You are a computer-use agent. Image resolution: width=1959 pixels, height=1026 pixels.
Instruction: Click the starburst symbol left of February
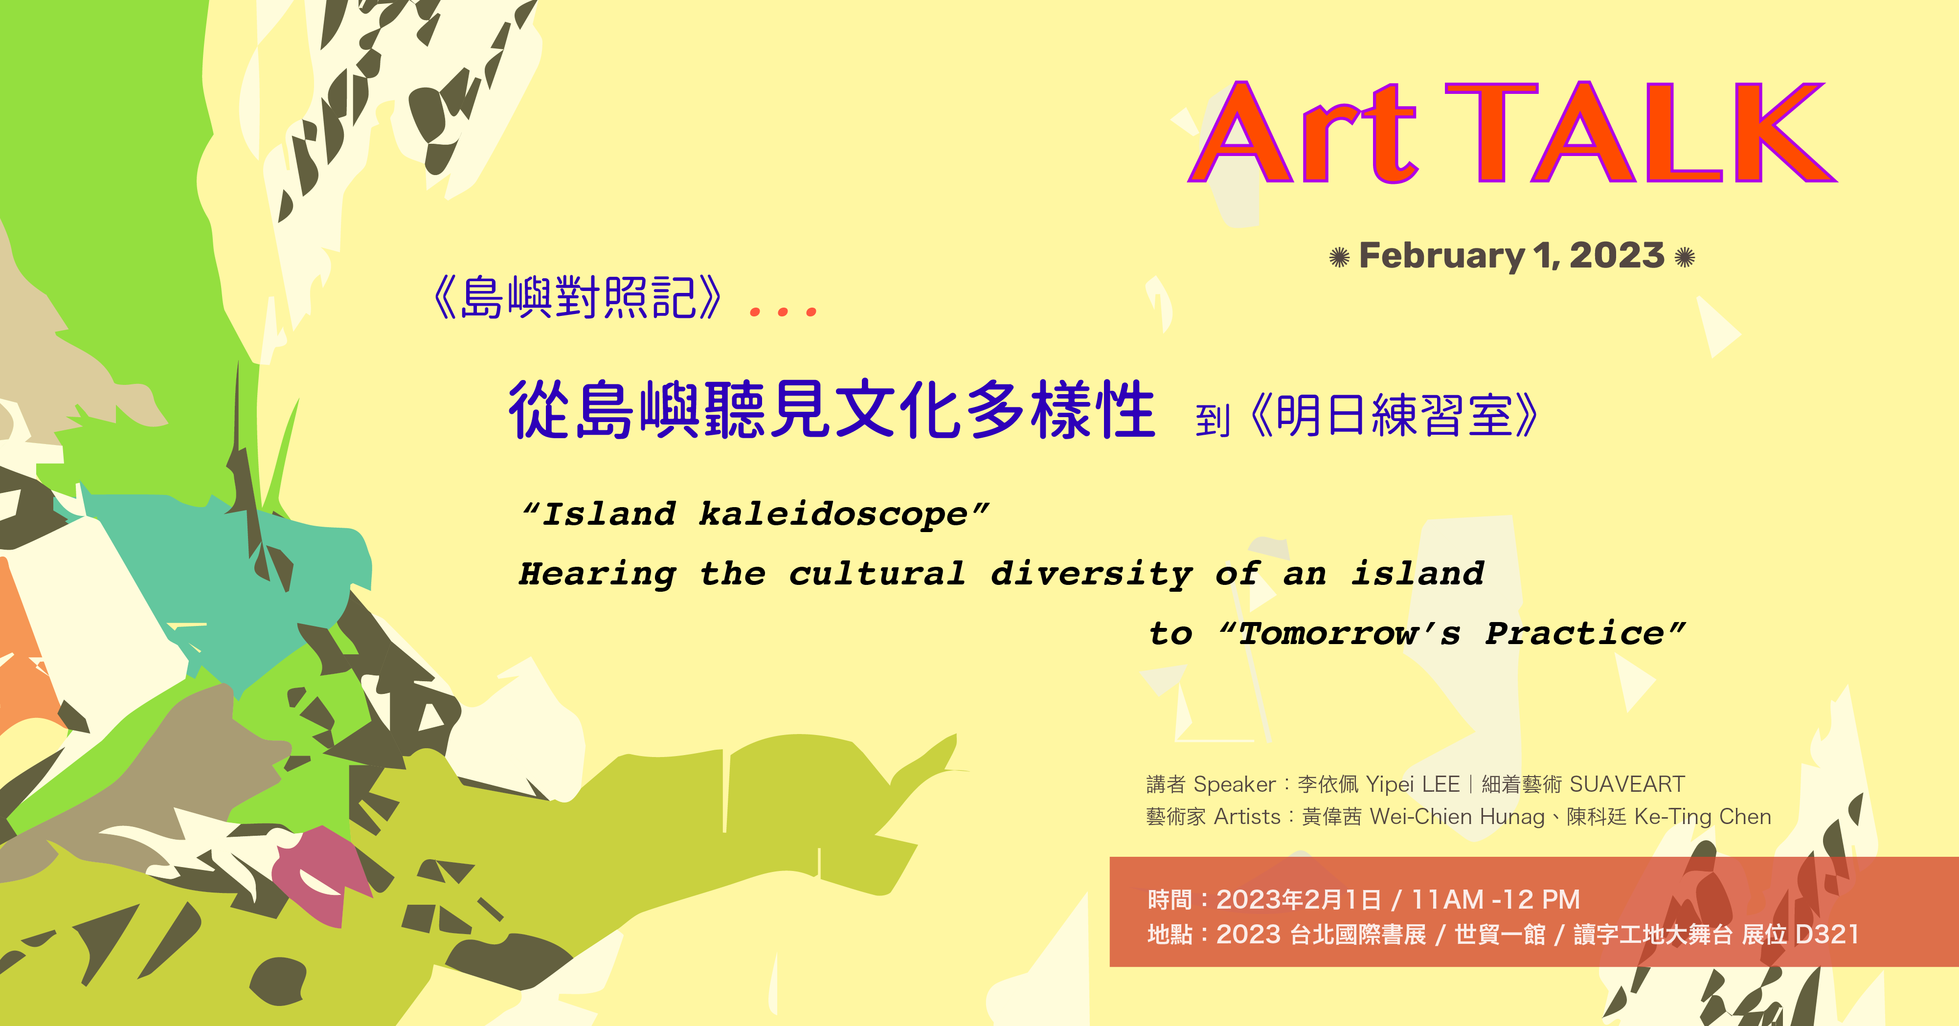[x=1339, y=258]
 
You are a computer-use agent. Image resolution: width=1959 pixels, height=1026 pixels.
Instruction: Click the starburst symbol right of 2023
[x=1685, y=257]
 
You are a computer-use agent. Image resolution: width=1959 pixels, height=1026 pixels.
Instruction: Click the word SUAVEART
[x=1627, y=784]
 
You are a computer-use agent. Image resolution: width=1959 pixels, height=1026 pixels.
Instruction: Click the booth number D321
[x=1827, y=934]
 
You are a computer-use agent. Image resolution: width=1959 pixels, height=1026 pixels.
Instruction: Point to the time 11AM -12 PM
[x=1496, y=900]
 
